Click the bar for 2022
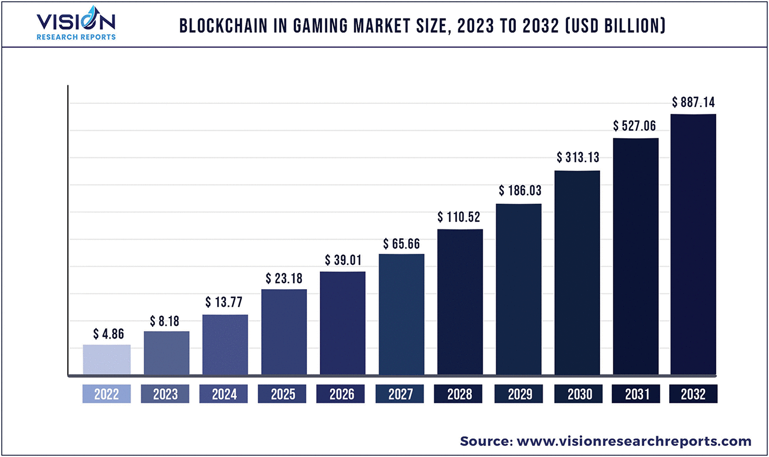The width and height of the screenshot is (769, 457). click(x=107, y=359)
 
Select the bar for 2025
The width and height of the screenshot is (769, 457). click(x=284, y=332)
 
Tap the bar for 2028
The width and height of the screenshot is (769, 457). click(x=460, y=301)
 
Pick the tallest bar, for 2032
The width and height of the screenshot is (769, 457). click(x=694, y=244)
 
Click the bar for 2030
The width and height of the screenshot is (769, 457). click(x=577, y=272)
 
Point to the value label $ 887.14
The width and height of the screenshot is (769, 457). click(x=694, y=103)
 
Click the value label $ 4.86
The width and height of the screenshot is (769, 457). click(x=109, y=334)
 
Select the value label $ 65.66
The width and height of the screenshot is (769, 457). click(x=401, y=244)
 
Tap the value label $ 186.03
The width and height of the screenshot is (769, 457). click(x=519, y=190)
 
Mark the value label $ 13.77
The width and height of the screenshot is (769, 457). click(x=225, y=303)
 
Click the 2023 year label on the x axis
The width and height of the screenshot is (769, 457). click(x=165, y=394)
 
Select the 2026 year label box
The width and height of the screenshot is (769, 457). click(x=341, y=394)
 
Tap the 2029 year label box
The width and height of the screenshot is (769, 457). click(x=519, y=394)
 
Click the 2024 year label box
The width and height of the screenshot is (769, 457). click(x=224, y=394)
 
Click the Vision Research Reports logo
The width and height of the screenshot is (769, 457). click(x=76, y=24)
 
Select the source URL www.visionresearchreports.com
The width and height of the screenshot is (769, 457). click(x=634, y=441)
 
